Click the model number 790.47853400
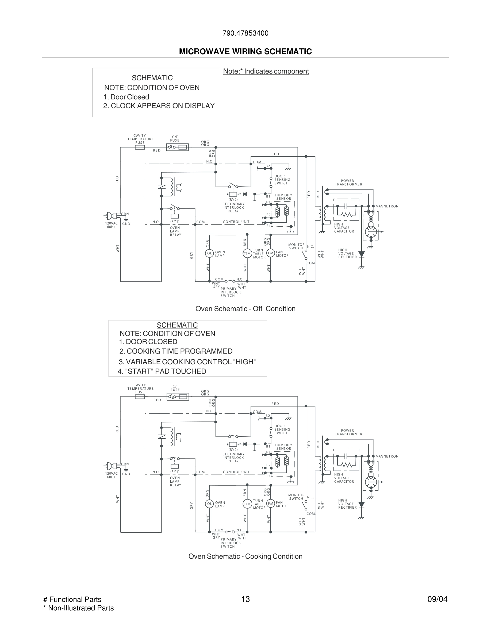[245, 33]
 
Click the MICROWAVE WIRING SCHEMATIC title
[245, 52]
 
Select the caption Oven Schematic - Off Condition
[245, 309]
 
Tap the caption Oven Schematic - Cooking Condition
[245, 556]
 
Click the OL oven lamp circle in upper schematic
[209, 254]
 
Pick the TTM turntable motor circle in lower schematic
[247, 504]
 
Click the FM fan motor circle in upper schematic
[271, 253]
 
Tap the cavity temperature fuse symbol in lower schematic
[140, 397]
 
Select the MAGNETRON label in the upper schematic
[387, 206]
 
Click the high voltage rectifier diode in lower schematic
[361, 505]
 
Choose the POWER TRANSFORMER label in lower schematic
[348, 432]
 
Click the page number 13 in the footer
[245, 599]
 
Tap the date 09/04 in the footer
[437, 599]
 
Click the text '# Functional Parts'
[72, 599]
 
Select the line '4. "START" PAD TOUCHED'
[162, 371]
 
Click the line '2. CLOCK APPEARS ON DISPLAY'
[159, 106]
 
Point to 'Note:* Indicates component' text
[266, 71]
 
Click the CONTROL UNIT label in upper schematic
[236, 222]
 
